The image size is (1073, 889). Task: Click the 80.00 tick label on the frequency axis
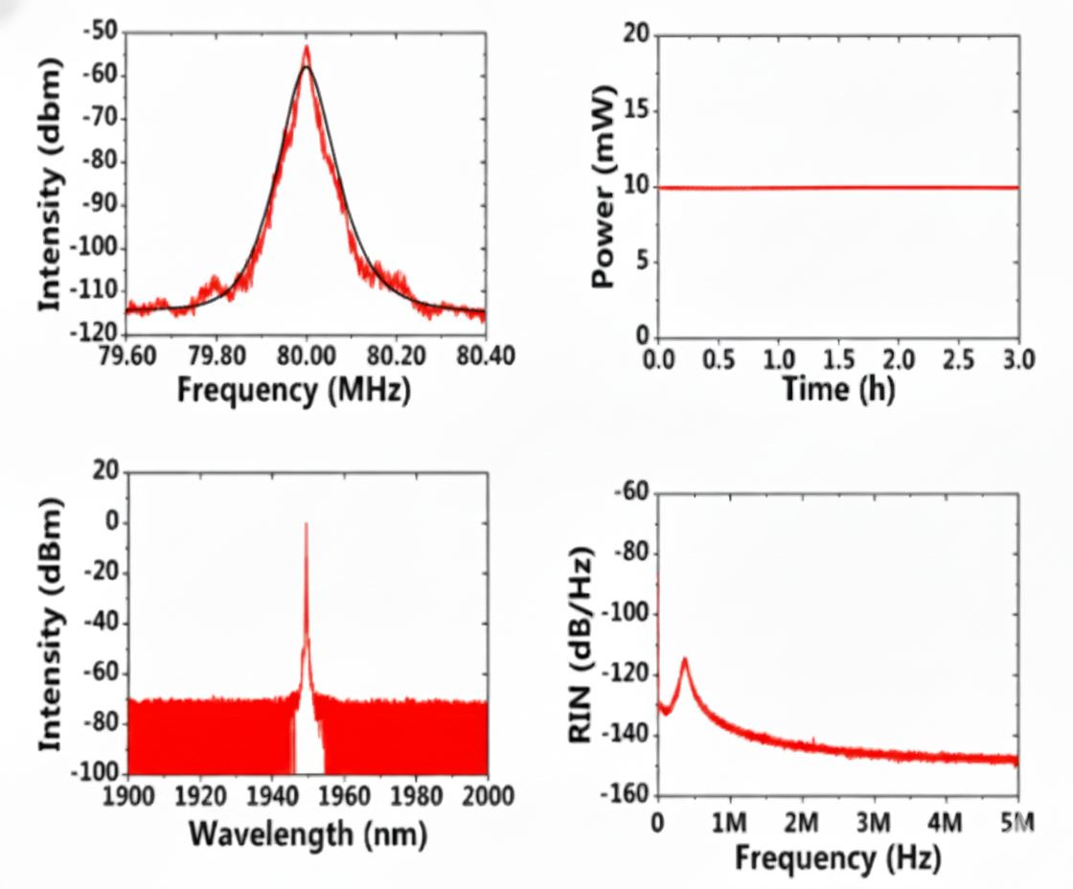click(307, 356)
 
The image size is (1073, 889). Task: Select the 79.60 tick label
click(126, 356)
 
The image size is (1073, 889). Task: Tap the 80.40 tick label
click(486, 356)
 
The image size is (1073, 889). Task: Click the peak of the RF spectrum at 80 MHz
click(306, 46)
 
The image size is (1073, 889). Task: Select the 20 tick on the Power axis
click(636, 35)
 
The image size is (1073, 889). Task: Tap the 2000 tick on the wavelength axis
click(486, 797)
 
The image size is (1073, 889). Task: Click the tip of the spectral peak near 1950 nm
click(306, 523)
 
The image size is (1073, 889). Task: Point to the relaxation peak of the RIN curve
click(685, 659)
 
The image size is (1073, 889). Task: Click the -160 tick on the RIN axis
click(626, 796)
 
